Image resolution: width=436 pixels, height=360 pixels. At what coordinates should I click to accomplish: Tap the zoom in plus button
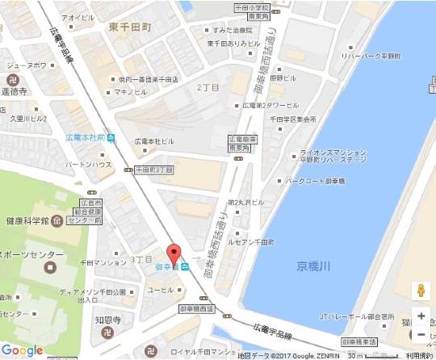click(x=420, y=316)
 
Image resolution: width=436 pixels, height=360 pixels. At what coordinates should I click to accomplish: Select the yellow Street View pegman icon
click(x=420, y=291)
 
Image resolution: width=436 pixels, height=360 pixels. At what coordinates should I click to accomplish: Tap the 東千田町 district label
click(x=131, y=26)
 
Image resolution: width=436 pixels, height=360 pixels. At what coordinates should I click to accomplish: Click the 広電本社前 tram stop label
click(x=86, y=136)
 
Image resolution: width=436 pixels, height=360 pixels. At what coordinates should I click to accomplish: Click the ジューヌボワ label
click(x=24, y=65)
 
